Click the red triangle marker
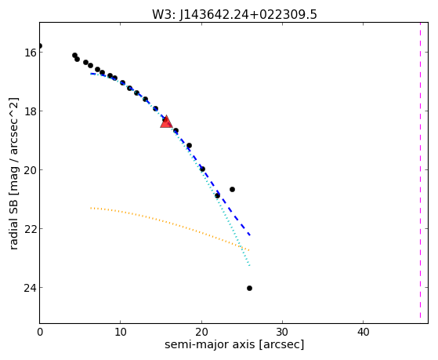point(166,122)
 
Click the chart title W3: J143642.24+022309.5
point(234,15)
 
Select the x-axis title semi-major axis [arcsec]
point(234,344)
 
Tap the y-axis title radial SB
point(13,173)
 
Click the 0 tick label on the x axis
point(40,333)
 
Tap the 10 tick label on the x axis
point(121,333)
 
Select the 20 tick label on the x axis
point(201,333)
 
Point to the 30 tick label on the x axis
point(282,333)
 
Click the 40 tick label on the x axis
point(363,333)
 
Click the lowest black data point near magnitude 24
point(249,288)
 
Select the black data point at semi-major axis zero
point(40,45)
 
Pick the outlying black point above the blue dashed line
point(232,189)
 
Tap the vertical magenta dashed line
point(420,171)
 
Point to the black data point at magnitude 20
point(202,169)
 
